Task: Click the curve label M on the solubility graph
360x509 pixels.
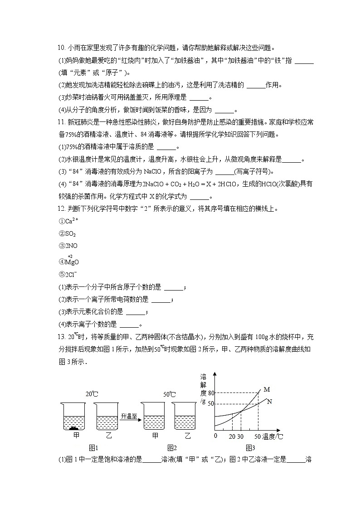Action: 267,389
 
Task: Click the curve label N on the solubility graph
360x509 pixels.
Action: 270,402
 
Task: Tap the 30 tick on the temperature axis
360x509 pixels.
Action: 241,436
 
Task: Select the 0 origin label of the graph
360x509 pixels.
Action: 216,436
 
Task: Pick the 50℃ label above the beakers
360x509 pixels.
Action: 170,394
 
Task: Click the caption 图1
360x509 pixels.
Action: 94,447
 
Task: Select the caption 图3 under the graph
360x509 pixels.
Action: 250,447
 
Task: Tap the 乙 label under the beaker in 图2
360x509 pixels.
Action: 188,436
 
